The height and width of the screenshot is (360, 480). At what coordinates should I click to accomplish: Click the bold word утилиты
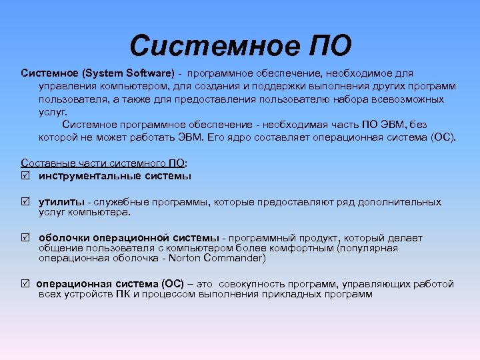coord(61,201)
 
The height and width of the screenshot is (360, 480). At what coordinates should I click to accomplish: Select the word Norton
coord(189,258)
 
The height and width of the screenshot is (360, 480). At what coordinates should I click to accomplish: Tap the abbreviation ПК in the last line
coord(122,294)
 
